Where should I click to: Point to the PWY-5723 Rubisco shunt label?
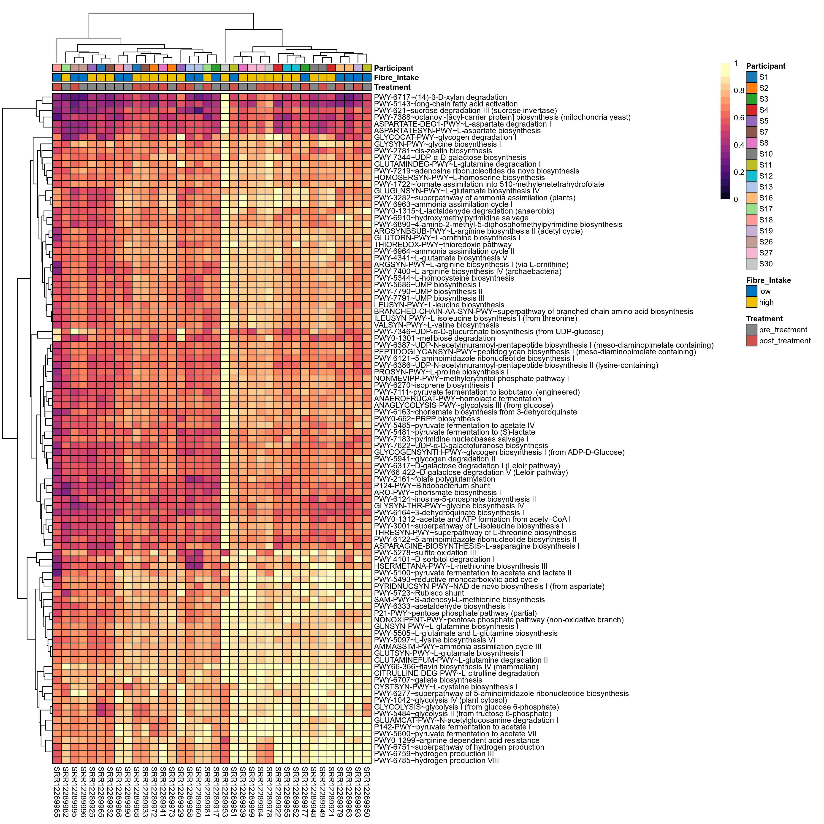click(x=418, y=593)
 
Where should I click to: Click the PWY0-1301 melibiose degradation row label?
click(x=434, y=338)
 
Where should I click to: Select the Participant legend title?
click(x=766, y=66)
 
